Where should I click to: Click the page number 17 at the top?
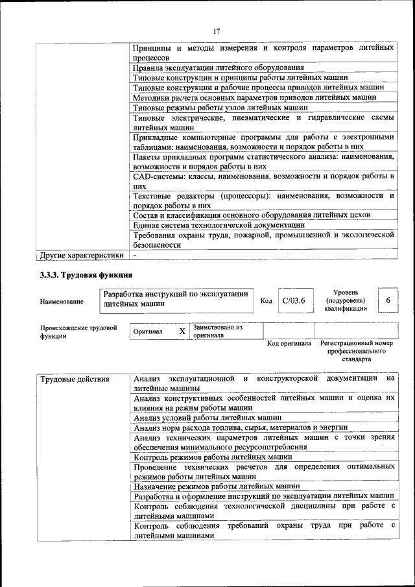click(216, 31)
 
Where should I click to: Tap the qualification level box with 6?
click(388, 300)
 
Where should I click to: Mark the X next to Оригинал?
click(182, 331)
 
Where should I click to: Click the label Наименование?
click(62, 301)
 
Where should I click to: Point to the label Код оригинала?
click(289, 343)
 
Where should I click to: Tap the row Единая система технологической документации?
click(214, 224)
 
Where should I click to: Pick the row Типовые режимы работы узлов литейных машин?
click(219, 107)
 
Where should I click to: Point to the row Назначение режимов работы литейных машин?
click(216, 486)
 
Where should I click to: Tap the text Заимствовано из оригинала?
click(217, 331)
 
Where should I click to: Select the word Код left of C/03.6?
click(266, 301)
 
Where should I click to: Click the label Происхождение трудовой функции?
click(78, 332)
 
